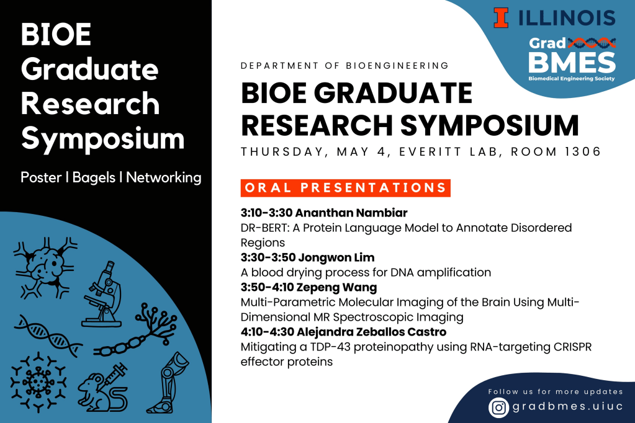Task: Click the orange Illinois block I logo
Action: [x=500, y=18]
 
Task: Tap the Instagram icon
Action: [x=498, y=407]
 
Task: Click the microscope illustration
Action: [x=102, y=294]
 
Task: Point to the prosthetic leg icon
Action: [x=167, y=383]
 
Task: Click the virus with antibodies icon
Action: [x=38, y=382]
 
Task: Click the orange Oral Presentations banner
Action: [x=346, y=188]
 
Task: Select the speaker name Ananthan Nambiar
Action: [x=351, y=213]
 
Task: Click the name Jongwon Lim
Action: [x=336, y=258]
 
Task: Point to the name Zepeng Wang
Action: [x=336, y=288]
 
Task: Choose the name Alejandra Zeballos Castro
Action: [x=371, y=332]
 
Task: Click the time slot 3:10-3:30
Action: [x=266, y=213]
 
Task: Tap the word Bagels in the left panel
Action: [x=94, y=178]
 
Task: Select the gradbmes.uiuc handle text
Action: [x=567, y=407]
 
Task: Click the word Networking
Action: [x=164, y=178]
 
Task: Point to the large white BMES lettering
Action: [x=572, y=63]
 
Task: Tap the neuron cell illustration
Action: [x=45, y=267]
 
